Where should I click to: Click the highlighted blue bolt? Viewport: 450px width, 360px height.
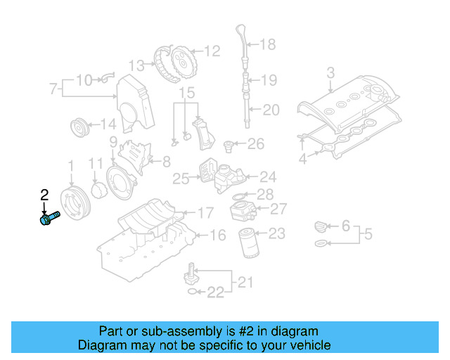point(49,219)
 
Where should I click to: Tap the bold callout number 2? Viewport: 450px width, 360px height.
point(44,195)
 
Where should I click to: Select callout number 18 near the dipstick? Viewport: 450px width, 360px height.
point(268,45)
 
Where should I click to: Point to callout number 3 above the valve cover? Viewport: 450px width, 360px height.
point(330,72)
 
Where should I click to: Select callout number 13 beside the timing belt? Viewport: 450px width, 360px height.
point(136,65)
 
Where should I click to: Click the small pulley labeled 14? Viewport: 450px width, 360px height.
point(79,130)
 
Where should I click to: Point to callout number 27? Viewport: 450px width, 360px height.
point(278,209)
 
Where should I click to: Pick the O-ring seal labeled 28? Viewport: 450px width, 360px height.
point(239,195)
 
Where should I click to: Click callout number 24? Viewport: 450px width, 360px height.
point(268,177)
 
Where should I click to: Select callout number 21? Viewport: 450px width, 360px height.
point(245,283)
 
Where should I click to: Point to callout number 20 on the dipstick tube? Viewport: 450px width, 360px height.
point(271,109)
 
